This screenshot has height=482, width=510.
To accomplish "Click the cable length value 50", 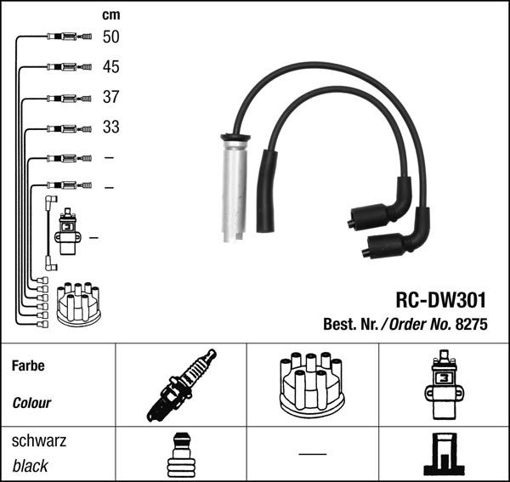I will pos(110,37).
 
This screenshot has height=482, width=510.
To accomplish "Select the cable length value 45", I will pos(110,67).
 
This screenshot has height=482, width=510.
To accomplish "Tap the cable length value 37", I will pos(110,97).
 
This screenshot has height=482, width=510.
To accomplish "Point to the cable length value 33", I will pos(110,128).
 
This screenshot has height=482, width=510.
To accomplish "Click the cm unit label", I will pos(110,14).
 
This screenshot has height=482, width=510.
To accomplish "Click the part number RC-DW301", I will pos(440,300).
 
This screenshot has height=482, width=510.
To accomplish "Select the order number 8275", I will pos(473,324).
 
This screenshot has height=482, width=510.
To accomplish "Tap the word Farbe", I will pos(28,366).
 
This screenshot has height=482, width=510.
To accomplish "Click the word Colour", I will pos(31,403).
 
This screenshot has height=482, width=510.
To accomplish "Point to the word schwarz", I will pos(38,442).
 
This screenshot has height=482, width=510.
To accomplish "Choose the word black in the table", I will pos(30,466).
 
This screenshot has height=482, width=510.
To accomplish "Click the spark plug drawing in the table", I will pos(181,385).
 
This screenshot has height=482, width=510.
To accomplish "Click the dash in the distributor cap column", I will pos(313,453).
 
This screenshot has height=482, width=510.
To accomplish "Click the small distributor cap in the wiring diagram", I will pos(77,303).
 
